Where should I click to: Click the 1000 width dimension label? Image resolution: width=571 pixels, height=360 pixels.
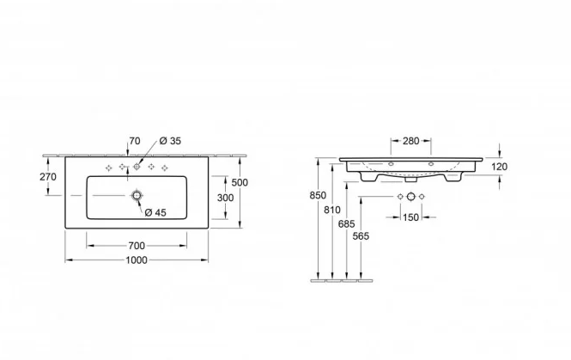(x=137, y=260)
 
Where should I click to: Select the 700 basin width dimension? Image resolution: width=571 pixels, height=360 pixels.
(x=137, y=246)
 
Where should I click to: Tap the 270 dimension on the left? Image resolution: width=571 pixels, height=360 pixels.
(x=48, y=177)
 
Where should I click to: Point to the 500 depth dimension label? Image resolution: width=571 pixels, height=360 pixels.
(x=240, y=182)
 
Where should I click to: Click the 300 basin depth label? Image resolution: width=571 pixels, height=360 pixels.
(x=226, y=198)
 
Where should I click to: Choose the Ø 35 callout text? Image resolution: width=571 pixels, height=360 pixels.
(x=170, y=141)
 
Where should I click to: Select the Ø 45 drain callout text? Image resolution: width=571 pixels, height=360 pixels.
(x=155, y=212)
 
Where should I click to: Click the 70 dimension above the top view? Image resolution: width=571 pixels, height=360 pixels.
(x=135, y=141)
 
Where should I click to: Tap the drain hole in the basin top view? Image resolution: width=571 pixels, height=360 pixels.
(x=137, y=196)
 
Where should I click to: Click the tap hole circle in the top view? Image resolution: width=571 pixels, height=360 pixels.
(x=137, y=167)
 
